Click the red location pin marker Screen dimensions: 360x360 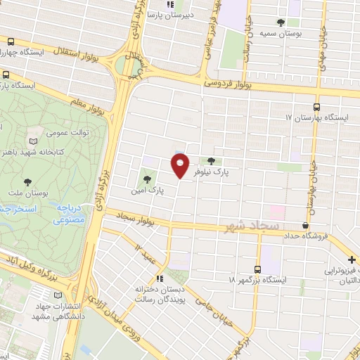pos(180,166)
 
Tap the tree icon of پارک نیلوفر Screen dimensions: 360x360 pos(211,162)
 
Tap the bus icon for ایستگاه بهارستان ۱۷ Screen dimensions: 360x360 pos(316,108)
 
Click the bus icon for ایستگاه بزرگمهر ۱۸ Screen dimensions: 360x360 pos(257,269)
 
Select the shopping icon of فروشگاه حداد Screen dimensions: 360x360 pos(305,225)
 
